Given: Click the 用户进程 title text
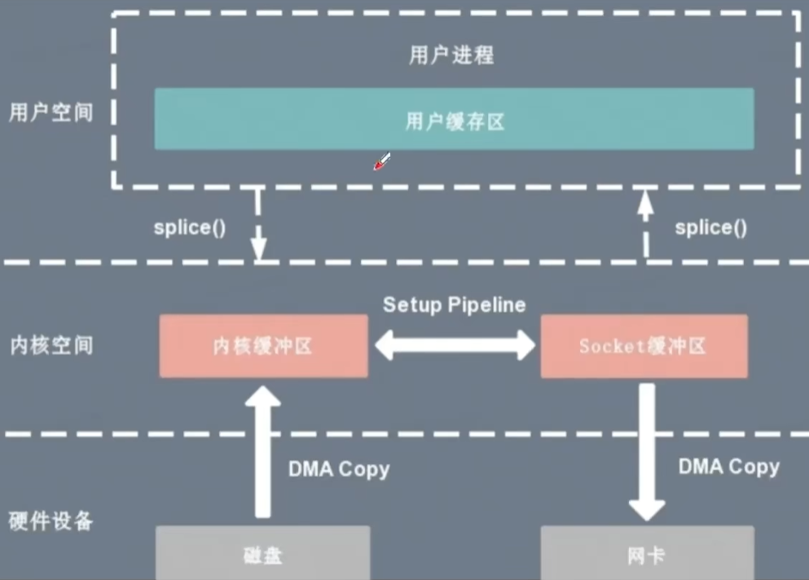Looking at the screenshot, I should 451,55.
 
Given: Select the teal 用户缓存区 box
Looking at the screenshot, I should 454,119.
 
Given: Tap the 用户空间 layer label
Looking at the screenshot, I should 51,112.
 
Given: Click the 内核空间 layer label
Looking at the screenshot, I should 51,345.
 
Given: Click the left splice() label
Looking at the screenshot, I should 189,227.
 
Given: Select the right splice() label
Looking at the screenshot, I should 710,227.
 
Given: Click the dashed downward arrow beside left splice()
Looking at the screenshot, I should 259,225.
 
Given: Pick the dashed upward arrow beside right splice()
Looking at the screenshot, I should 645,223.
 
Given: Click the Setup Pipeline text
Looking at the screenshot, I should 454,305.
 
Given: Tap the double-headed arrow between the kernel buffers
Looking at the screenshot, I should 455,345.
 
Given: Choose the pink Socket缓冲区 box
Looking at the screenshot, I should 644,346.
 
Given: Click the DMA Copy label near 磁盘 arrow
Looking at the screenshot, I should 339,469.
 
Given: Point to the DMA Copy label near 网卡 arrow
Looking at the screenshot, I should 728,466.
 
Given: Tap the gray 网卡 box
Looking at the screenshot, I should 645,554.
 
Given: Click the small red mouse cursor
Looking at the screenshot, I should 381,161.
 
